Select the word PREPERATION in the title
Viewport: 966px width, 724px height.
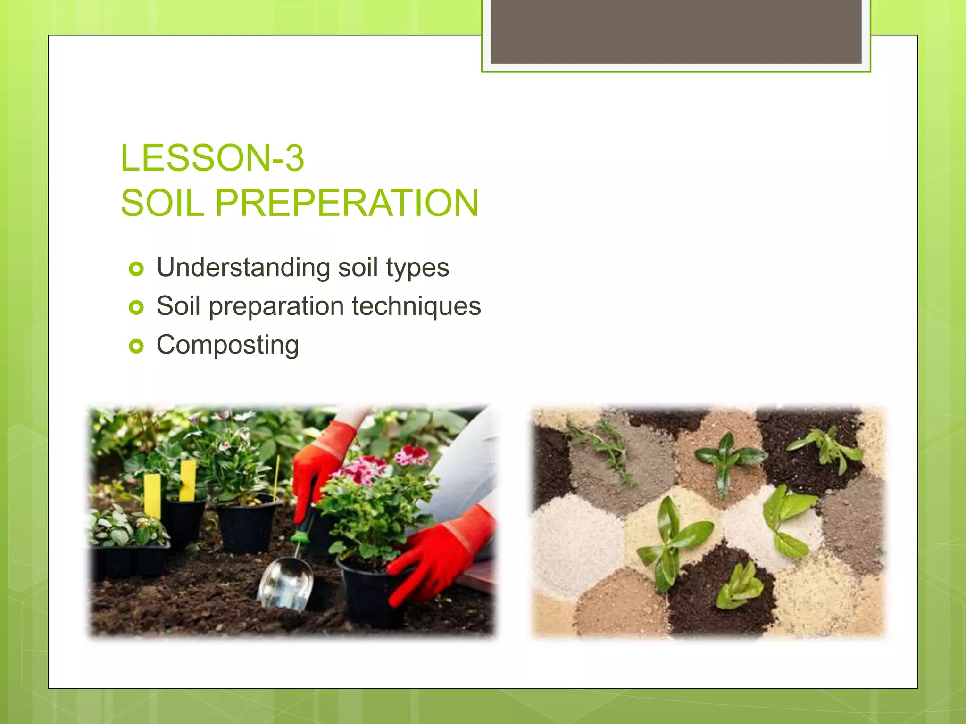click(347, 203)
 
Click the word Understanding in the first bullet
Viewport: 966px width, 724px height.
click(243, 267)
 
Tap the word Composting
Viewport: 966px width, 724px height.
click(228, 345)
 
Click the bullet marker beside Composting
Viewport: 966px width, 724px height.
click(136, 346)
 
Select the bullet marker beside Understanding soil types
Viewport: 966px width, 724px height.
click(136, 269)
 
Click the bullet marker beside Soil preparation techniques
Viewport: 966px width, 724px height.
click(136, 308)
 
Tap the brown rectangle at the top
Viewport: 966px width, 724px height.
click(676, 31)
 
